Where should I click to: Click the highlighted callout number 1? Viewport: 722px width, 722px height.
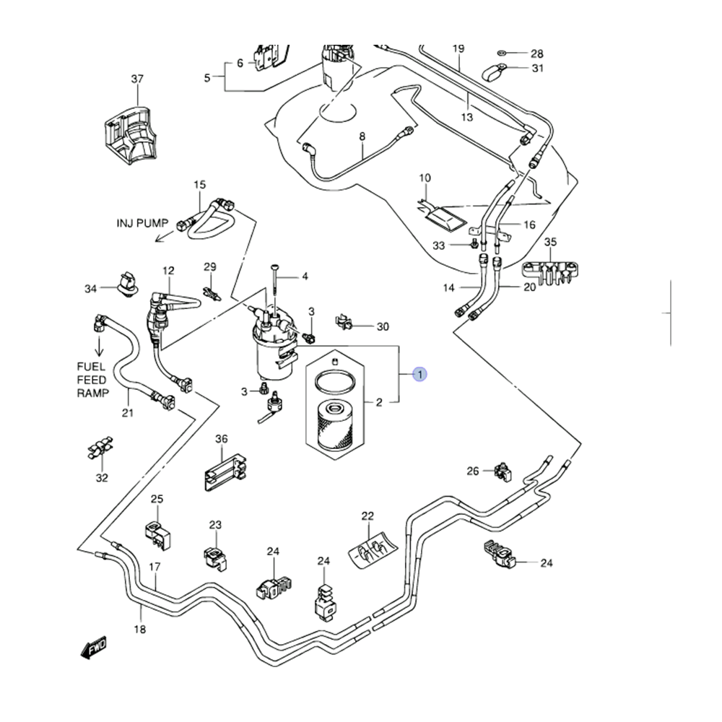(x=420, y=374)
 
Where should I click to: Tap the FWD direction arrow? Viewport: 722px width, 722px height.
(x=93, y=648)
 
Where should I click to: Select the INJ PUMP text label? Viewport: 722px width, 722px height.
(x=142, y=223)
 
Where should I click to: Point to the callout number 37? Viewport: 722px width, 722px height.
(x=137, y=79)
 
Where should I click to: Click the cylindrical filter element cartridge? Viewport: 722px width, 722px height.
(x=335, y=425)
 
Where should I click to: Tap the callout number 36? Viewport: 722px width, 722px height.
(x=222, y=439)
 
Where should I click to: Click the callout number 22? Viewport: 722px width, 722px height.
(x=367, y=516)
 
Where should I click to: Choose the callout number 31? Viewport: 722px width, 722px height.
(x=537, y=68)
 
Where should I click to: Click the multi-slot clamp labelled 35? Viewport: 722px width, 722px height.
(x=549, y=274)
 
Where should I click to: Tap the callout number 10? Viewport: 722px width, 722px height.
(x=425, y=178)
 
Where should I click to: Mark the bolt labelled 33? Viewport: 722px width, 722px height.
(x=474, y=243)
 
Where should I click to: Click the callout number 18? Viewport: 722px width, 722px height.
(x=140, y=629)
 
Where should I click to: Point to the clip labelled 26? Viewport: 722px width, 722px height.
(x=503, y=472)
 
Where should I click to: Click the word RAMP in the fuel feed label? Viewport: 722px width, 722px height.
(x=93, y=393)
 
